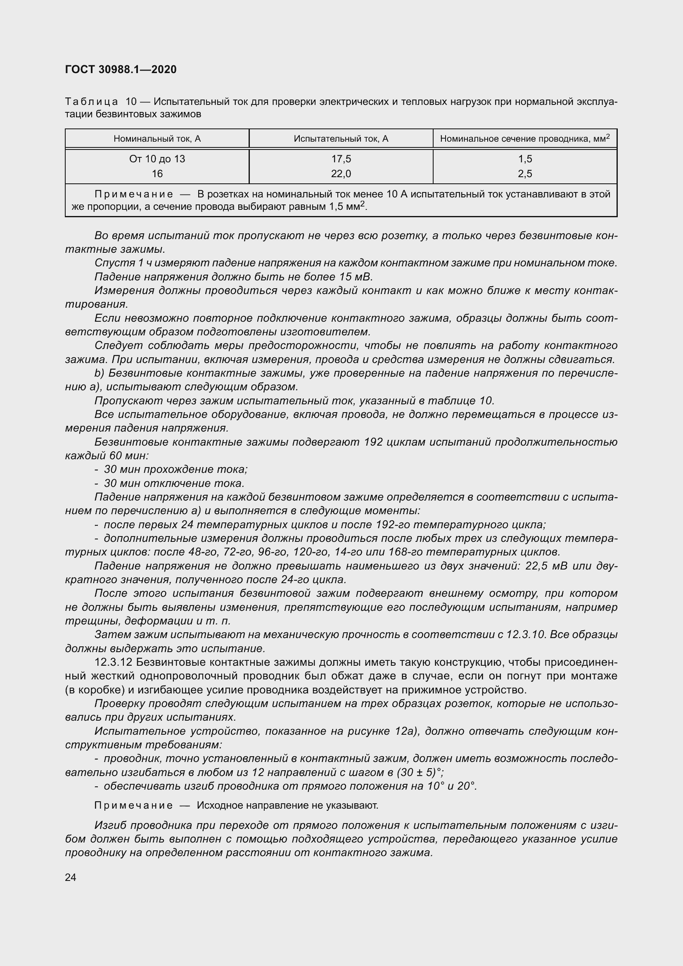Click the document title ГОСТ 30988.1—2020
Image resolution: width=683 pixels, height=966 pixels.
click(121, 69)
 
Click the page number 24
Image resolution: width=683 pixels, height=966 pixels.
click(71, 877)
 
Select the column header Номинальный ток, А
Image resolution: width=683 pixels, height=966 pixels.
click(157, 139)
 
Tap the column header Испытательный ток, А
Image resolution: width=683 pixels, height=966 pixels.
click(341, 139)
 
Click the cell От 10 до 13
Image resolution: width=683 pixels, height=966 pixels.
click(157, 159)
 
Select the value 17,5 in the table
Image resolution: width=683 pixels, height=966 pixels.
click(341, 159)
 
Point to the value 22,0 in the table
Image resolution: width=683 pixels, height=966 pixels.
click(341, 174)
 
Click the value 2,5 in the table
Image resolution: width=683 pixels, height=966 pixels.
click(525, 174)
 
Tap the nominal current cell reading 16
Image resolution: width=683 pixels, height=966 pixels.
click(157, 174)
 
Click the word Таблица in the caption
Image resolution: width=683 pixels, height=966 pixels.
click(92, 102)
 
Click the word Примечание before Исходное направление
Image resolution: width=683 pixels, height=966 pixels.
click(133, 805)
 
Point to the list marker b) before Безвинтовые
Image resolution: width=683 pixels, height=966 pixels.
click(99, 373)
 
